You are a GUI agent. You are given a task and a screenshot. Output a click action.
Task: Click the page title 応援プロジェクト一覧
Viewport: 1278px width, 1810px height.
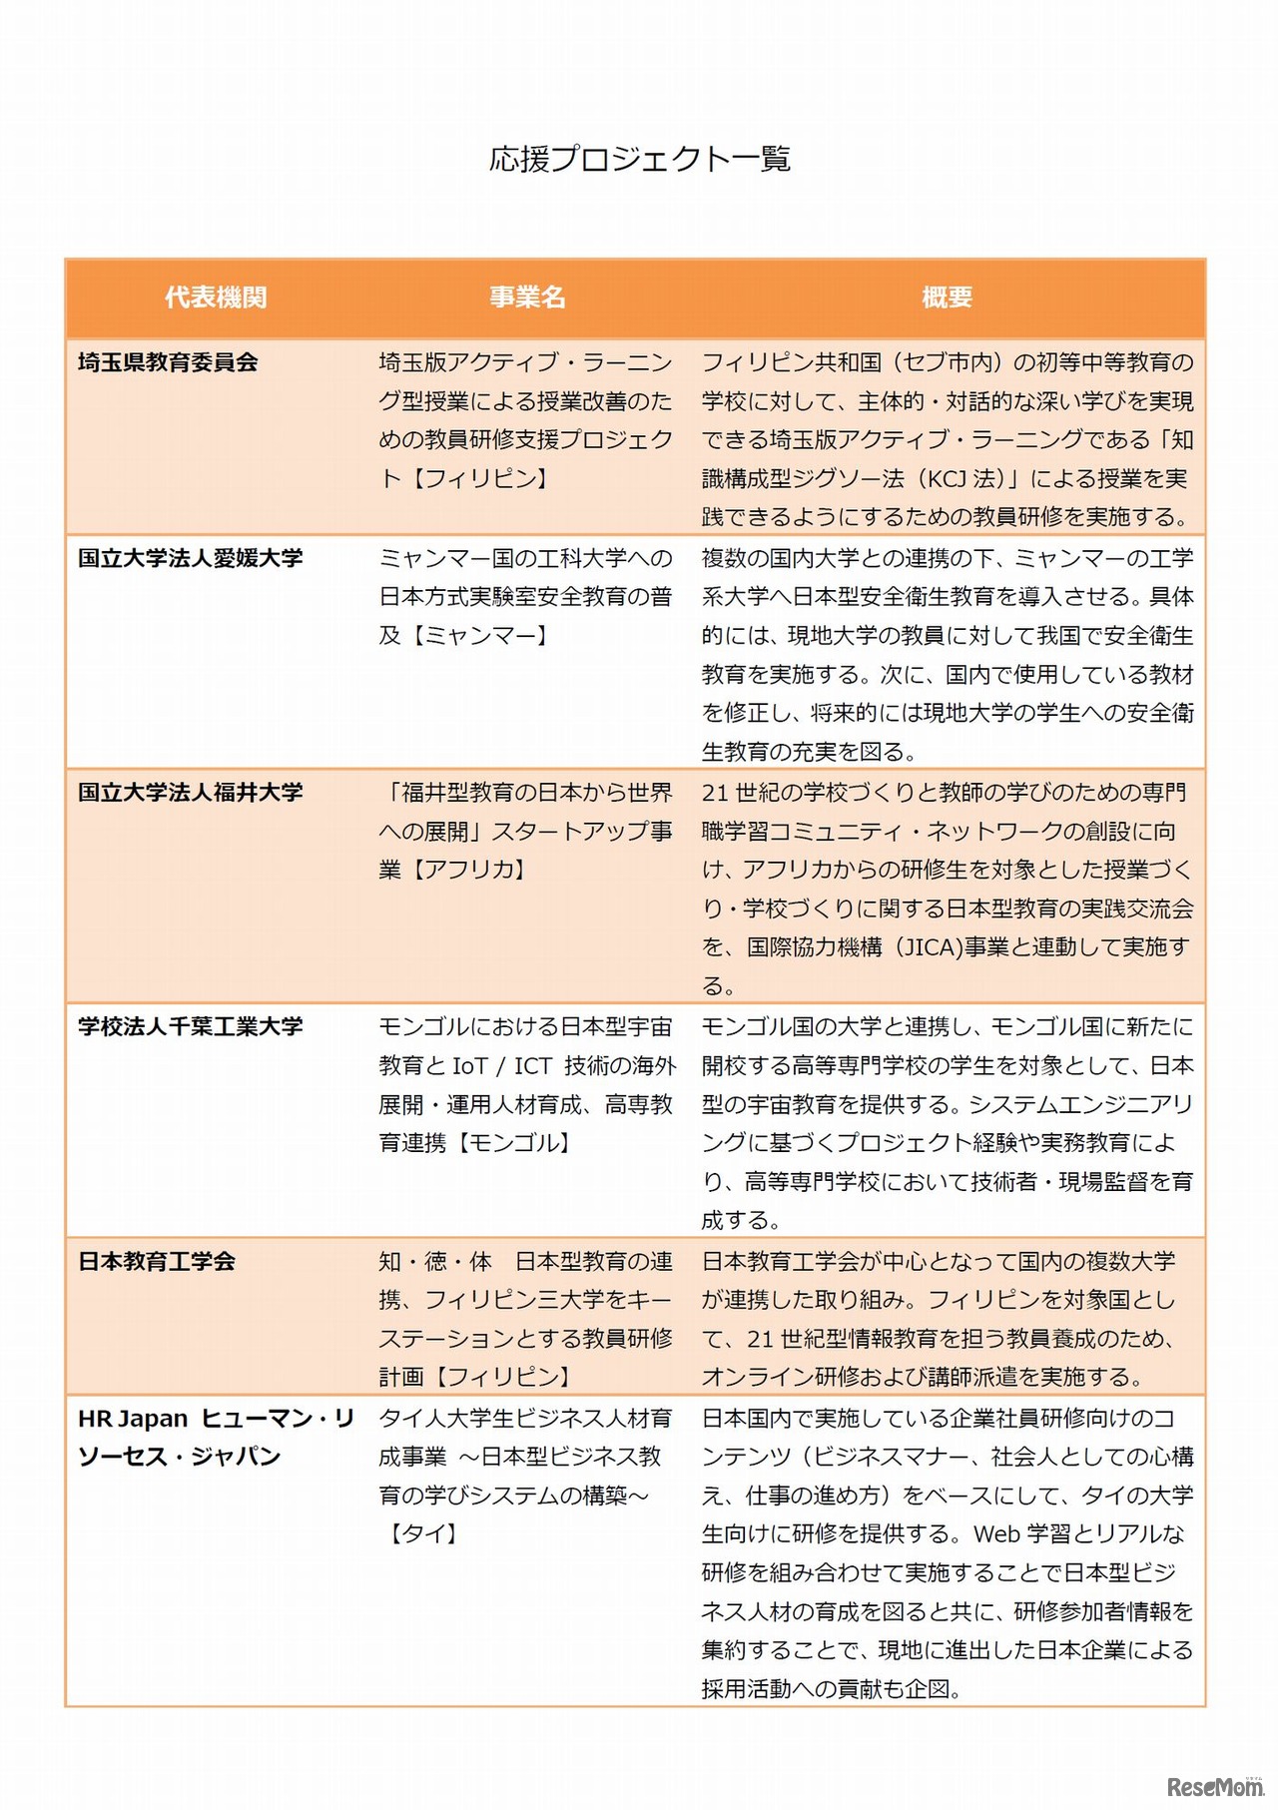coord(639,159)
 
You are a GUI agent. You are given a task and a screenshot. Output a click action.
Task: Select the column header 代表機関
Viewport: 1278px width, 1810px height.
coord(216,298)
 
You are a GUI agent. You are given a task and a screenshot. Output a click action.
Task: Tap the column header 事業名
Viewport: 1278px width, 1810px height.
coord(527,298)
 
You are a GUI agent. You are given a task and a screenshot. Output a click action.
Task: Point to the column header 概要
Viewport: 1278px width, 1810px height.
coord(947,298)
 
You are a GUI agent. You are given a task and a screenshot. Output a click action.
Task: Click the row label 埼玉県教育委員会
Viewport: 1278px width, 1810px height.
coord(168,362)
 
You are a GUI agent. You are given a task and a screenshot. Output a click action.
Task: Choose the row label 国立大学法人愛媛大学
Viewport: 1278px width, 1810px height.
coord(190,558)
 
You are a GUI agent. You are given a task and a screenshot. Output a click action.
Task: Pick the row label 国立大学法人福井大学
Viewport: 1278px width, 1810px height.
coord(190,793)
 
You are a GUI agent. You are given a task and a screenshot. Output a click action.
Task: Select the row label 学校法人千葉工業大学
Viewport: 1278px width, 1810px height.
coord(190,1026)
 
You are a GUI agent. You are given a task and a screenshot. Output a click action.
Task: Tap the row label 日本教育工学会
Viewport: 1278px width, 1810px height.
coord(157,1261)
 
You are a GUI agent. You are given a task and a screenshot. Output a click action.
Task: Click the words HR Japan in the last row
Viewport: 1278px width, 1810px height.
coord(133,1419)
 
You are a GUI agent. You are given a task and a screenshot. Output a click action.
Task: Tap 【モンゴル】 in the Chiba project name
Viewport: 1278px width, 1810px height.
coord(513,1143)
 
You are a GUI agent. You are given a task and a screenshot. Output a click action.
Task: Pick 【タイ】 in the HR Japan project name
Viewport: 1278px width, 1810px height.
coord(422,1533)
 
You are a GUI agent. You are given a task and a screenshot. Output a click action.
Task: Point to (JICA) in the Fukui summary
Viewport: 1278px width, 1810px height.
coord(928,947)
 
